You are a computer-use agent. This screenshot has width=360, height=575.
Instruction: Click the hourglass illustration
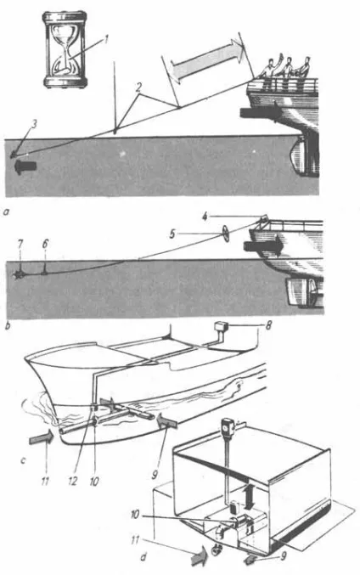tap(65, 49)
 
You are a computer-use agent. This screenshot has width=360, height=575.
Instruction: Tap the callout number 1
tap(106, 39)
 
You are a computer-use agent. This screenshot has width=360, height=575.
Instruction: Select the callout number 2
tap(138, 87)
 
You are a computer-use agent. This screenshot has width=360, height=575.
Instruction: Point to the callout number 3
tap(34, 124)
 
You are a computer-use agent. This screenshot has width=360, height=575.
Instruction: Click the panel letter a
tap(5, 211)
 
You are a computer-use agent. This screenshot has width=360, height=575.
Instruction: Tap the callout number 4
tap(205, 217)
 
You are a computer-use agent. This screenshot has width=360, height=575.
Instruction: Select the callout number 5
tap(172, 234)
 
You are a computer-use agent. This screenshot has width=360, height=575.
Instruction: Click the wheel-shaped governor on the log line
tap(225, 234)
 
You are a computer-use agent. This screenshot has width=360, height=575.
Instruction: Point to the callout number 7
tap(20, 244)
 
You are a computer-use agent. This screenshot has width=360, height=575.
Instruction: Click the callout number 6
tap(45, 244)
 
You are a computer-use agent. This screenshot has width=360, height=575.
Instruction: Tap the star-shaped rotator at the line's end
tap(18, 274)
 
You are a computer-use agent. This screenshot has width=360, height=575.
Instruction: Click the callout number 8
tap(268, 325)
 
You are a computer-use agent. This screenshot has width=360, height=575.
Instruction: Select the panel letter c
tap(23, 459)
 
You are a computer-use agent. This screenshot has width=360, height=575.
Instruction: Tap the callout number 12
tap(72, 481)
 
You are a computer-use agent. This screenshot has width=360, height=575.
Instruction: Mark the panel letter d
tap(143, 557)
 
